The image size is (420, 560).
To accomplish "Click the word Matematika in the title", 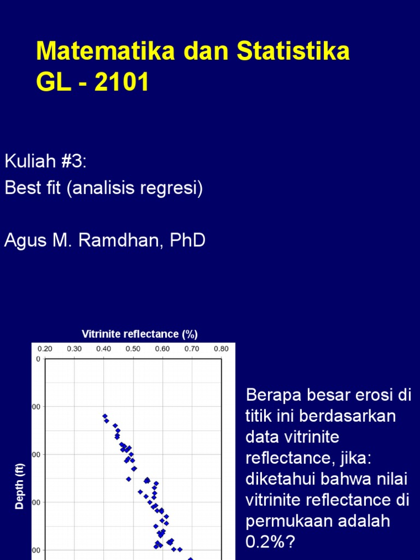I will (105, 52).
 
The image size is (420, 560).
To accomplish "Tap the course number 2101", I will (120, 83).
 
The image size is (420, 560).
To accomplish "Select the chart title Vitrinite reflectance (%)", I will (139, 334).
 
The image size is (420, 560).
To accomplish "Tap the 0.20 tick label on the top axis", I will (44, 348).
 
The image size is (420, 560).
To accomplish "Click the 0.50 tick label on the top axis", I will (133, 348).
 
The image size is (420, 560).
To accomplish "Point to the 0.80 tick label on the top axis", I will (221, 348).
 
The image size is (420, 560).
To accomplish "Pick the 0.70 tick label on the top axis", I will (191, 348).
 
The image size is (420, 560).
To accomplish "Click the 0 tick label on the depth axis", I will (38, 359).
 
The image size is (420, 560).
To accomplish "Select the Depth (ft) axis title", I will (20, 486).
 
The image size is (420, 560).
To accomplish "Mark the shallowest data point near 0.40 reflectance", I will (104, 416).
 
